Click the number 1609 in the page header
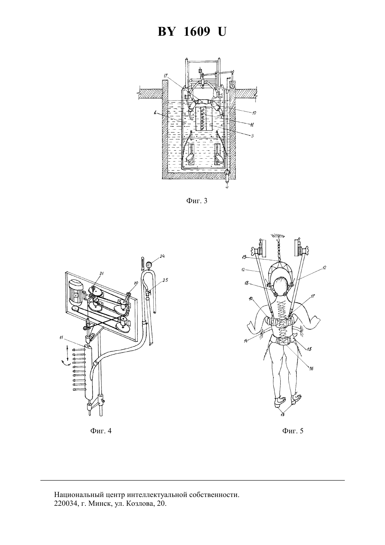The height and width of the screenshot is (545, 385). (x=196, y=32)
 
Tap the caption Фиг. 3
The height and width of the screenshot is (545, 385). (x=197, y=201)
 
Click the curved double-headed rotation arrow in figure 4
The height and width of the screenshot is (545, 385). (x=65, y=363)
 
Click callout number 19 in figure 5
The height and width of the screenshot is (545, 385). (x=244, y=257)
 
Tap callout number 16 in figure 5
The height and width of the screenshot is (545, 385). (x=311, y=368)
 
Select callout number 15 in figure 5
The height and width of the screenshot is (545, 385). (x=309, y=349)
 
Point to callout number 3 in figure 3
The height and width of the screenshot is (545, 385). (x=252, y=136)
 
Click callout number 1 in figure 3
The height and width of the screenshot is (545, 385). (x=155, y=112)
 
